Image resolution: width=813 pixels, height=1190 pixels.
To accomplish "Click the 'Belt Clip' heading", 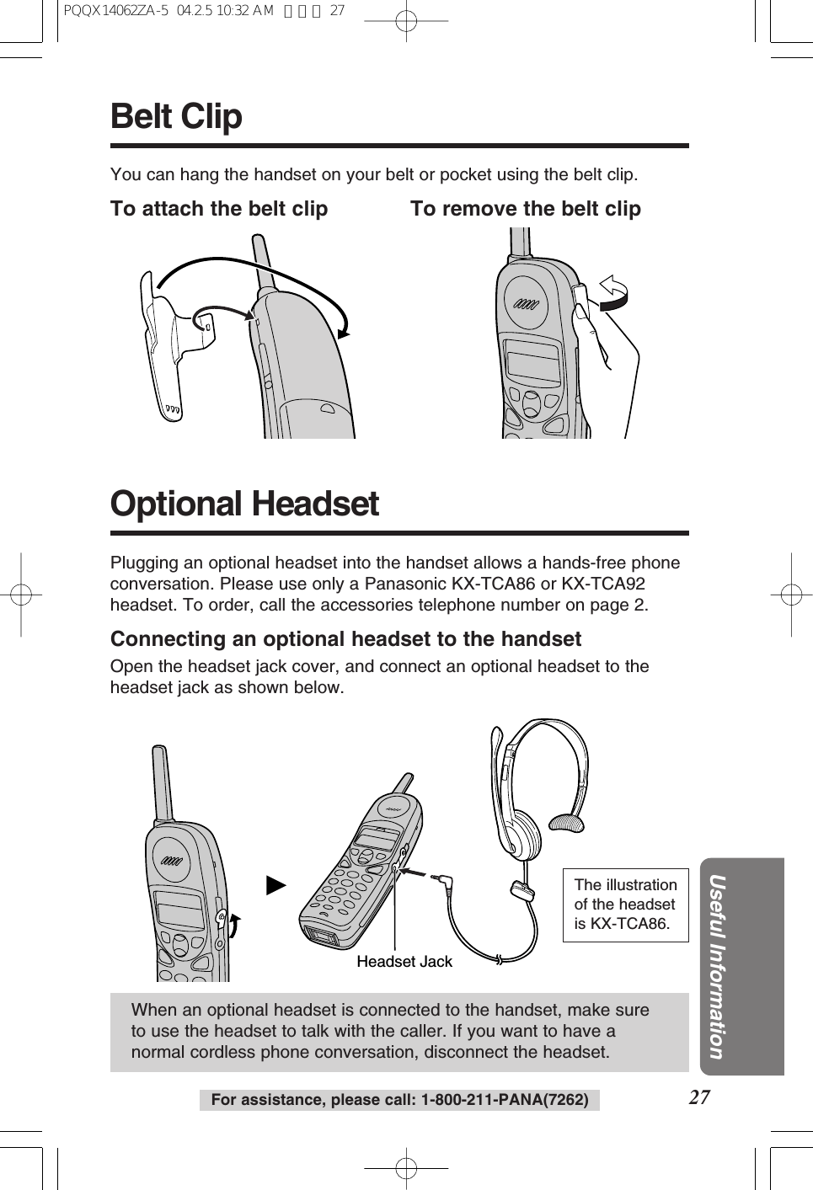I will pos(176,116).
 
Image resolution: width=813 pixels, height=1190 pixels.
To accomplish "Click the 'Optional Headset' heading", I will pos(244,504).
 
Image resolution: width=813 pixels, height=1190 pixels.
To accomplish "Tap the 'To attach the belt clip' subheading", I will pos(219,209).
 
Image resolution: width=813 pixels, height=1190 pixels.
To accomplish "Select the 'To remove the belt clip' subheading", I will pos(525,209).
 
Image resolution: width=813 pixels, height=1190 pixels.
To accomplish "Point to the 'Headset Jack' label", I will pos(404,962).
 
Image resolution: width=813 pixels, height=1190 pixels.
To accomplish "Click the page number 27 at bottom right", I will pos(698,1097).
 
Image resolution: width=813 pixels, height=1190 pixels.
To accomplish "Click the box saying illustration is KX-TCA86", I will pos(625,905).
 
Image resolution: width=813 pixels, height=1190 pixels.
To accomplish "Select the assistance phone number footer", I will pos(399,1100).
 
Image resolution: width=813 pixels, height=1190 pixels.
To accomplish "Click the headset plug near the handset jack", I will pos(441,882).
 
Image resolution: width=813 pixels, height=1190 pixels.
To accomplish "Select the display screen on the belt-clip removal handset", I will pos(532,363).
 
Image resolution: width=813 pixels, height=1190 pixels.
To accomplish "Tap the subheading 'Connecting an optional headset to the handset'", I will pos(345,639).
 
